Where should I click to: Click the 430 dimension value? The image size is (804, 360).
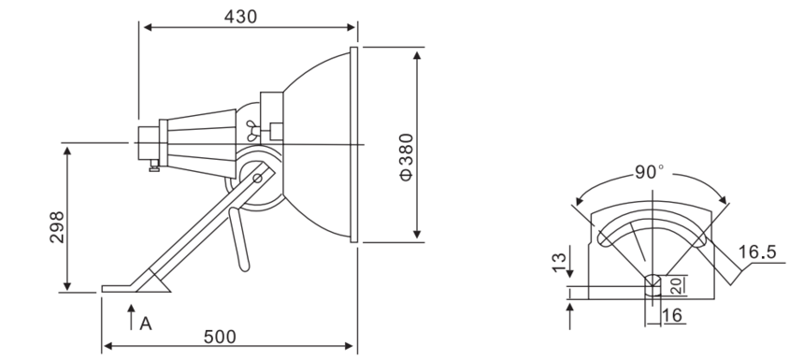click(x=240, y=17)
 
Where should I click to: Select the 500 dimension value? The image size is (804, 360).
click(x=220, y=337)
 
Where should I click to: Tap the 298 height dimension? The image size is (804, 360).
click(x=57, y=226)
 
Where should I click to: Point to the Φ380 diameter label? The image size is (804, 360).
click(x=406, y=157)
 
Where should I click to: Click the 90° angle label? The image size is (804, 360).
click(x=649, y=172)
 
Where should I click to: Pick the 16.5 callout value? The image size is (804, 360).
click(x=757, y=252)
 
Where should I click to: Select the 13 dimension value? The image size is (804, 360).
click(x=559, y=263)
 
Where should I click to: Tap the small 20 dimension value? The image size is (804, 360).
click(x=677, y=285)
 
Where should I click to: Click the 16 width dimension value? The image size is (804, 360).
click(x=672, y=315)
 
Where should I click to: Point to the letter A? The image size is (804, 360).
click(x=146, y=324)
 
